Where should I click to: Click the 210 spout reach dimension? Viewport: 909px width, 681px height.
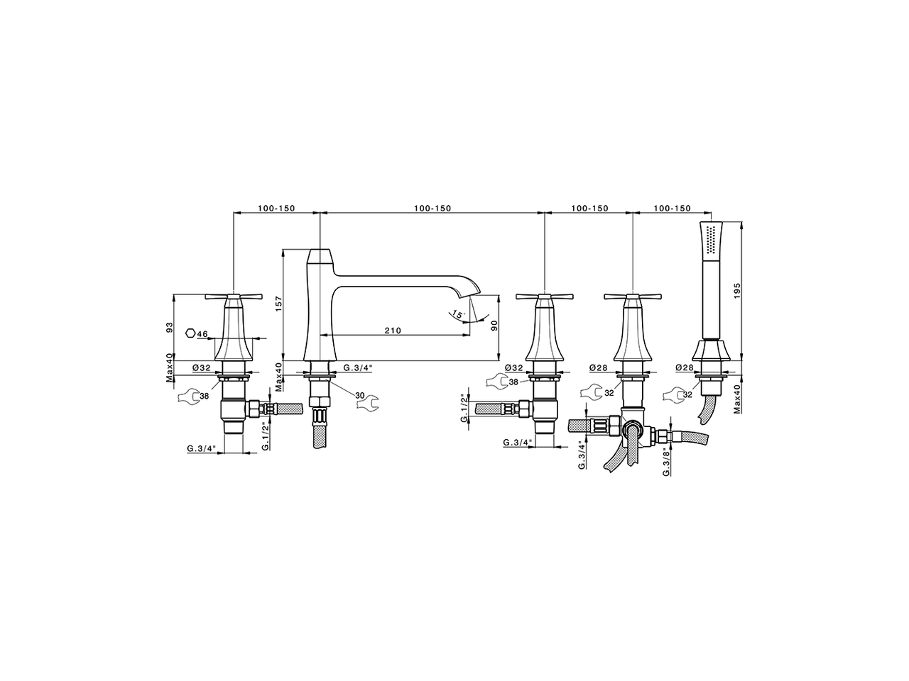[x=393, y=331]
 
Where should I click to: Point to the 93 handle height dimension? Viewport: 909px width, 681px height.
[x=170, y=328]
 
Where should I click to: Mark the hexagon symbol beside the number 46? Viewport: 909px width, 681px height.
[x=190, y=333]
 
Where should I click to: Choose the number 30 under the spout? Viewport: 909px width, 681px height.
[x=359, y=394]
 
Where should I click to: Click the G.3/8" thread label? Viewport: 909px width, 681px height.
[x=666, y=461]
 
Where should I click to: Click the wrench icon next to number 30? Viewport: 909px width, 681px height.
[x=368, y=404]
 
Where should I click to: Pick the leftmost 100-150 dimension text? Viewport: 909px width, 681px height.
[x=276, y=209]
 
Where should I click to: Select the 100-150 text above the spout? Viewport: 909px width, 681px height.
[x=432, y=209]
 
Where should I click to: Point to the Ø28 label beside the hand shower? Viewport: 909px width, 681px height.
[x=685, y=367]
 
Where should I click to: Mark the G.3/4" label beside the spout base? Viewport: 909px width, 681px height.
[x=357, y=367]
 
